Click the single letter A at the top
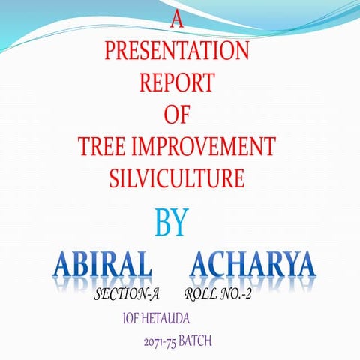[x=177, y=20]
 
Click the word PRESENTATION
[x=177, y=52]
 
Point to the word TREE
[x=103, y=145]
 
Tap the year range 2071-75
[x=160, y=342]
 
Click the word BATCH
[x=196, y=341]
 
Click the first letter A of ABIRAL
[x=65, y=265]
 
